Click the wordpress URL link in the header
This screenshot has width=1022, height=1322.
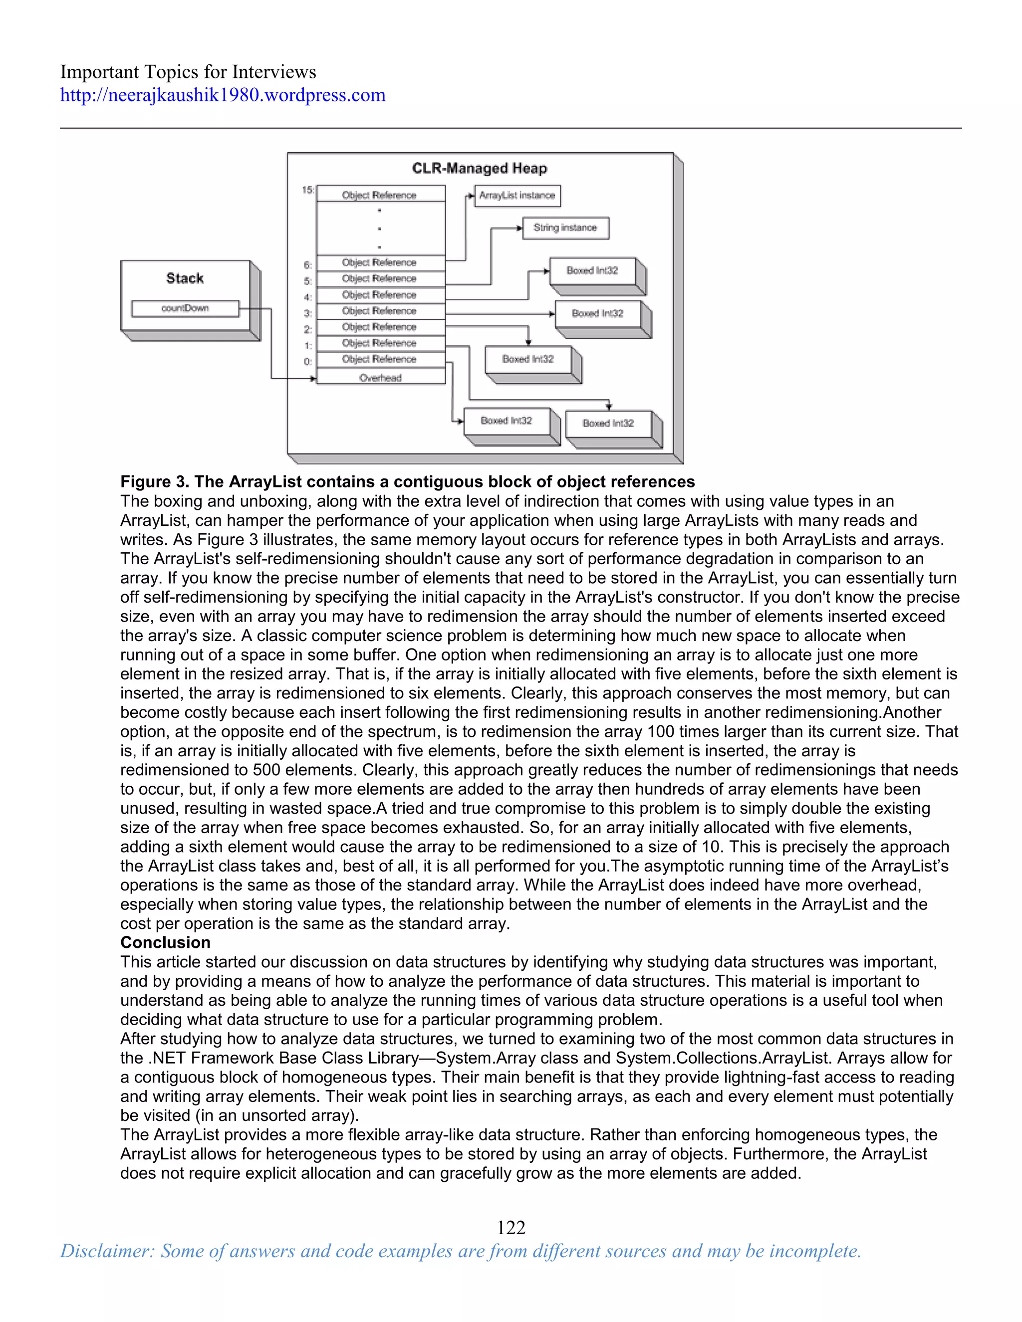[222, 95]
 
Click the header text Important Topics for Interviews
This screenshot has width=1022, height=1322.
[188, 72]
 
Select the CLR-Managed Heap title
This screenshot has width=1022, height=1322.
[479, 168]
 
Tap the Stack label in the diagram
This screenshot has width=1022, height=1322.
[185, 278]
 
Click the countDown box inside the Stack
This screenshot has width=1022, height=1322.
[185, 309]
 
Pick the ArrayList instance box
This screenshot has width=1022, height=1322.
[516, 196]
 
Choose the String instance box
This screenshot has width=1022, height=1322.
[565, 228]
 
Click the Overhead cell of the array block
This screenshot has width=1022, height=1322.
[380, 378]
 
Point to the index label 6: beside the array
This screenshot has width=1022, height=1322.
[307, 265]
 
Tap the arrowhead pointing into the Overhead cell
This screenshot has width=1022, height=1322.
[313, 379]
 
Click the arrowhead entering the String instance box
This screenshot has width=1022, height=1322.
[519, 228]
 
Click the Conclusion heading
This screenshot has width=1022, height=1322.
[165, 942]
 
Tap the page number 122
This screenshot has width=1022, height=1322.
[511, 1228]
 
